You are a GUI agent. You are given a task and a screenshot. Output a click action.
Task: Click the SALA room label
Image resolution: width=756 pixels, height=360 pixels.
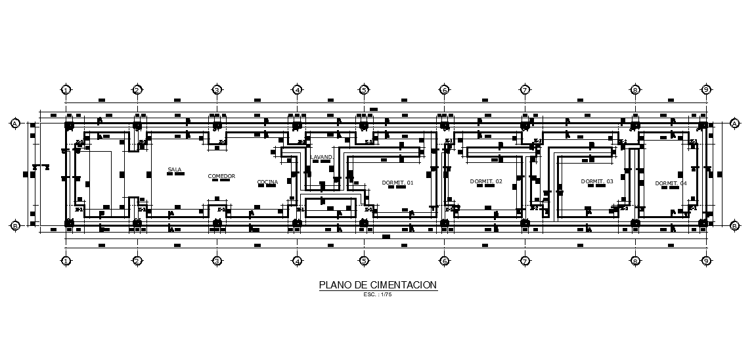tap(174, 170)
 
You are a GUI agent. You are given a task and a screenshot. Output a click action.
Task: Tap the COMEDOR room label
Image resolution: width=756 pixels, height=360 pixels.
tap(221, 176)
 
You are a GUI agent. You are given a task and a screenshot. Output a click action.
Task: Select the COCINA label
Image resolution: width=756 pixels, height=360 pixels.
tap(267, 182)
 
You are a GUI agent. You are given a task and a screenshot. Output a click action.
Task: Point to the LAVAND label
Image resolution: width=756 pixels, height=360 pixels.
tap(322, 158)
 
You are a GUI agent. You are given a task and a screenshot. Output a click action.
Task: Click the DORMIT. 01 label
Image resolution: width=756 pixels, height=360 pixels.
tap(397, 182)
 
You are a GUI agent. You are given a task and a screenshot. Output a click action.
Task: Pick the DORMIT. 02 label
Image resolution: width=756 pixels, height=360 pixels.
tap(486, 181)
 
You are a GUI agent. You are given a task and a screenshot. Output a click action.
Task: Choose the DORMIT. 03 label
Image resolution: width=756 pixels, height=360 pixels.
tap(597, 181)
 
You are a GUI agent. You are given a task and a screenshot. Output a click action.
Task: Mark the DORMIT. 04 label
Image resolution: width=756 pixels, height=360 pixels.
tap(671, 183)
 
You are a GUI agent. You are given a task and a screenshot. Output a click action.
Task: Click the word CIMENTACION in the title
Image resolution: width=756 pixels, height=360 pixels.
tap(403, 285)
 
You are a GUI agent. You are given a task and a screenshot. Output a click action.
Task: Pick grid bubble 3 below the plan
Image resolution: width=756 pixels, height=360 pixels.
tap(217, 261)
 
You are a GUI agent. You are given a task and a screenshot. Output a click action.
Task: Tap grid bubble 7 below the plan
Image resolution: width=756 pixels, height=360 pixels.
tap(525, 261)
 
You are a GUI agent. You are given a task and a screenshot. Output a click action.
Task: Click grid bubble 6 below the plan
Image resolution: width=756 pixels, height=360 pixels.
tap(444, 261)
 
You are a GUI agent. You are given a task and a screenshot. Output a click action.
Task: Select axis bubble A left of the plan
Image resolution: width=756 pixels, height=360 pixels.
tap(15, 123)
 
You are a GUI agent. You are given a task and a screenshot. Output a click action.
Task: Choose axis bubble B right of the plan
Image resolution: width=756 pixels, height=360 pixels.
tap(734, 225)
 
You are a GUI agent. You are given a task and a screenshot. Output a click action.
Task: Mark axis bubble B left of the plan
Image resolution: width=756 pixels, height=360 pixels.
tap(15, 225)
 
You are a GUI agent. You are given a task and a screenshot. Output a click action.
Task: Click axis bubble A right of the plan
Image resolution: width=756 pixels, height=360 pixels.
tap(734, 123)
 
